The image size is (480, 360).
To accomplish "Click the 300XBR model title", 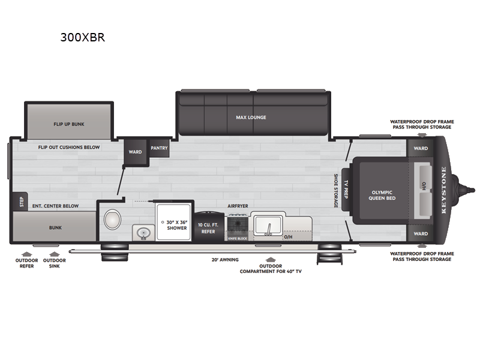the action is pyautogui.click(x=83, y=37).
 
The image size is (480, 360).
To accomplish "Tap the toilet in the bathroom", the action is pyautogui.click(x=112, y=220).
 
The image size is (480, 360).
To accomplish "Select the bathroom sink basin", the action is pyautogui.click(x=143, y=233).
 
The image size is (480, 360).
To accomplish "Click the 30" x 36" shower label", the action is pyautogui.click(x=177, y=225).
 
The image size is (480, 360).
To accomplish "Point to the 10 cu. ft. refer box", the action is pyautogui.click(x=208, y=227).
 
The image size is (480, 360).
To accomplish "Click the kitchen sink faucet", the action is pyautogui.click(x=269, y=229).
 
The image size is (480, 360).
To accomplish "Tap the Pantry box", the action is pyautogui.click(x=159, y=148).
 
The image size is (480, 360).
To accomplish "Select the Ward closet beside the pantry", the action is pyautogui.click(x=135, y=152).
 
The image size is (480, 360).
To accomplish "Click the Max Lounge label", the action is pyautogui.click(x=251, y=118).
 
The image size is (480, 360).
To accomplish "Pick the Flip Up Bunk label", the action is pyautogui.click(x=69, y=124).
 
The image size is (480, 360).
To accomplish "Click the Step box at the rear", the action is pyautogui.click(x=21, y=202).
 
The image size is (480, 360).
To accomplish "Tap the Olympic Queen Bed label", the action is pyautogui.click(x=382, y=196).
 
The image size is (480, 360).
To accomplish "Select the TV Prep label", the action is pyautogui.click(x=346, y=190).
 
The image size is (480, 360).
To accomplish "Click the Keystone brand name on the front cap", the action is pyautogui.click(x=444, y=190).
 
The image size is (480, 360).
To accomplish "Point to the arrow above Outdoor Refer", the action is pyautogui.click(x=26, y=254).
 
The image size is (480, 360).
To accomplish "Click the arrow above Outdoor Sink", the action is pyautogui.click(x=54, y=254).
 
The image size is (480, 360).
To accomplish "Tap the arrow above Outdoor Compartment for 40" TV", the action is pyautogui.click(x=271, y=260).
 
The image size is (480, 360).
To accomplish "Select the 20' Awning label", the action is pyautogui.click(x=225, y=260).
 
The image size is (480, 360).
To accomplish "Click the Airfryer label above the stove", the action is pyautogui.click(x=238, y=206).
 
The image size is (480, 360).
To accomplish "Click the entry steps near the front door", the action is pyautogui.click(x=329, y=254).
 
